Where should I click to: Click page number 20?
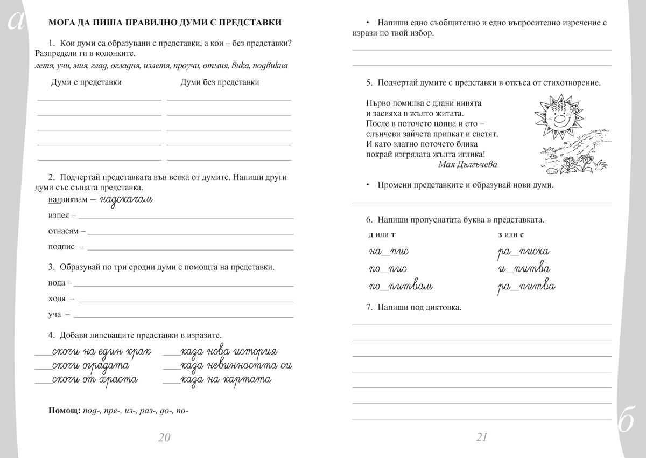[164, 437]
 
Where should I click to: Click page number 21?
[482, 437]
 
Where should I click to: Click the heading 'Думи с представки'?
[86, 82]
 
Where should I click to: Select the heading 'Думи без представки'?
[220, 82]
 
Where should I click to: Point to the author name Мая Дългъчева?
[468, 164]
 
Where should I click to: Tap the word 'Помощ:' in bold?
[64, 411]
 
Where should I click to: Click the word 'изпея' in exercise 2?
[58, 215]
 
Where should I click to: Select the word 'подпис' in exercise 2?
[61, 247]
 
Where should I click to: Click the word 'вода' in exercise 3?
[56, 282]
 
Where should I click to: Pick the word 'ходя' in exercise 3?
[57, 298]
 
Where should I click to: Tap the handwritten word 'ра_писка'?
[523, 252]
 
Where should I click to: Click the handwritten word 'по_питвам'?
[401, 287]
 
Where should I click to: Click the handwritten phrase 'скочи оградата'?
[91, 365]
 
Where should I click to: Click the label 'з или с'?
[511, 234]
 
